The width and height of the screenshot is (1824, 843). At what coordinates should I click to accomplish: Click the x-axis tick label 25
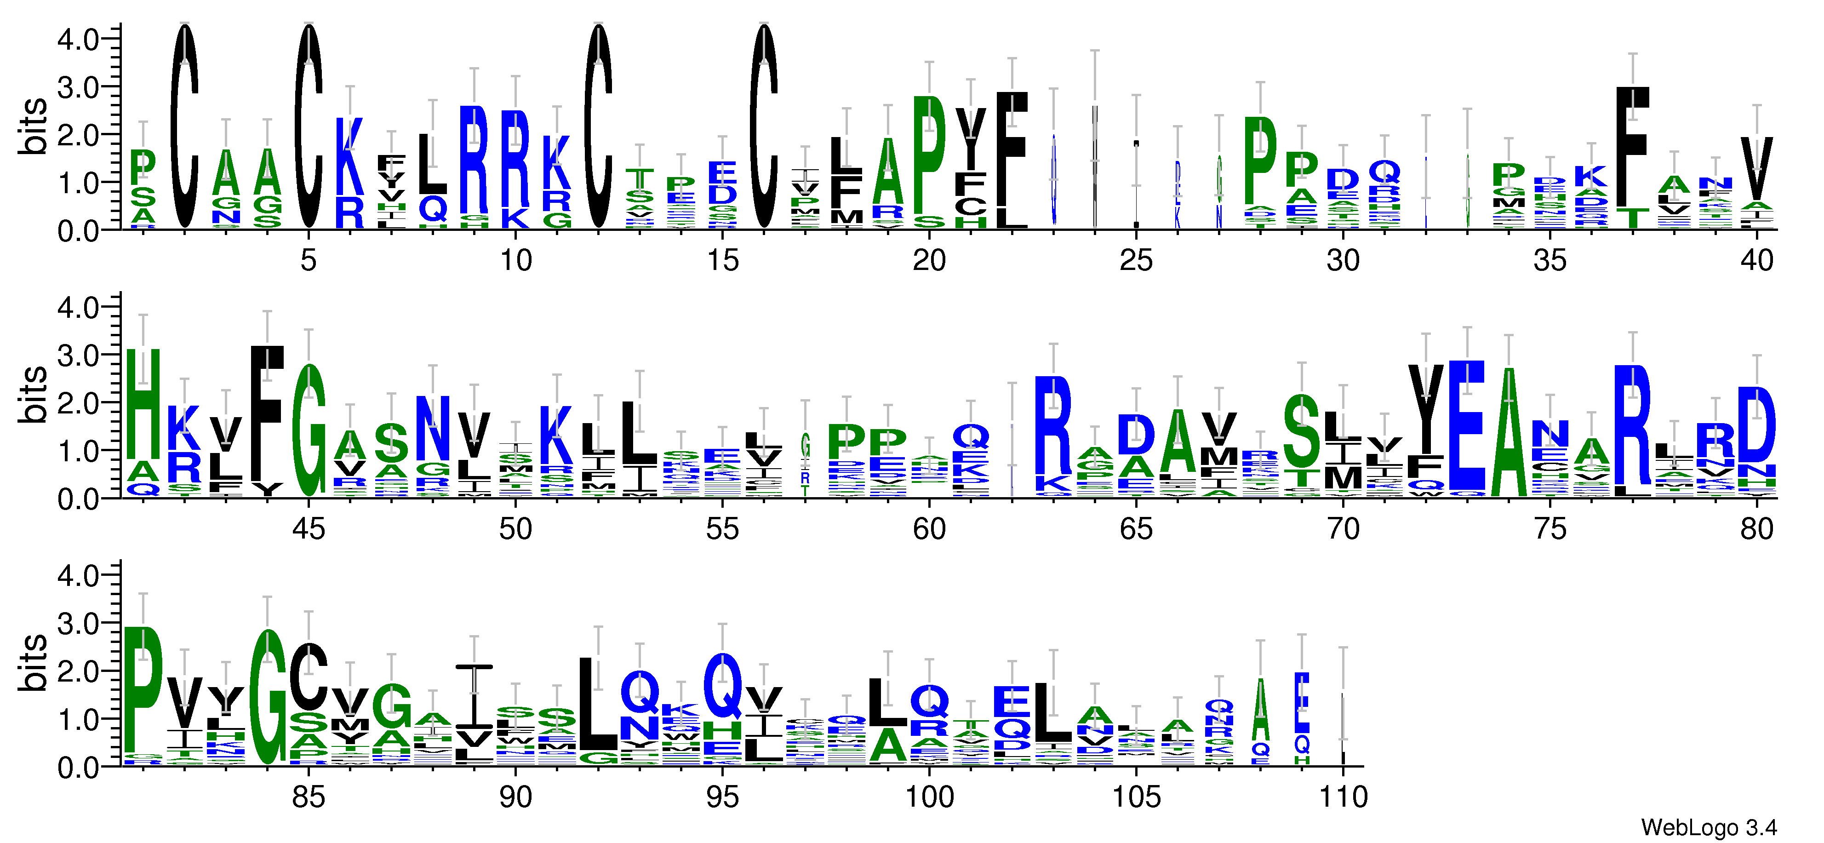point(1136,261)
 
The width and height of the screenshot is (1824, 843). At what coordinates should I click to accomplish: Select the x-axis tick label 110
point(1343,797)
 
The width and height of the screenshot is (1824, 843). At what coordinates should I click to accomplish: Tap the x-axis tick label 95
point(722,797)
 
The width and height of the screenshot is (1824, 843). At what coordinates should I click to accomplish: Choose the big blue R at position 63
point(1053,425)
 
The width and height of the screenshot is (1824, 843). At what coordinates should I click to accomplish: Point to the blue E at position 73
point(1466,425)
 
